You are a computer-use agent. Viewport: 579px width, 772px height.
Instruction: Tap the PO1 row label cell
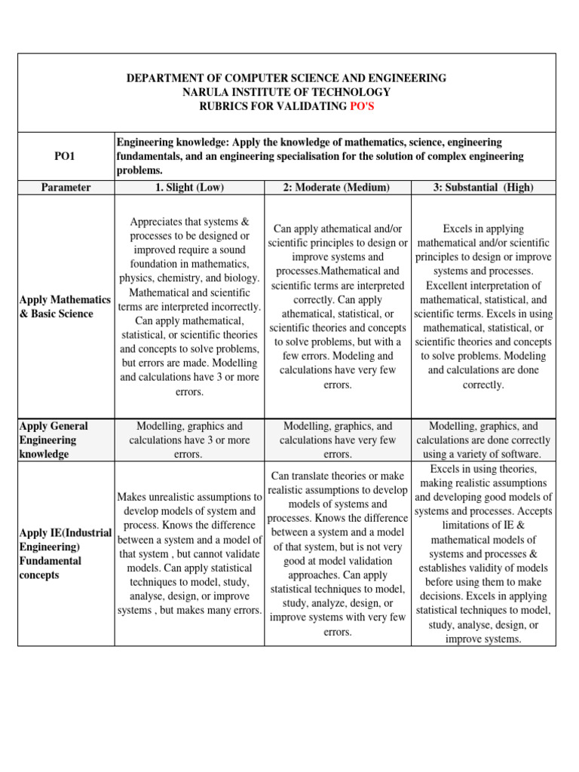(x=65, y=156)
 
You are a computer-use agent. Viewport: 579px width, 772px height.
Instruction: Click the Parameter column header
(x=66, y=187)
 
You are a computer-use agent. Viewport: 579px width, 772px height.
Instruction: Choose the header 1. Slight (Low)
(x=189, y=187)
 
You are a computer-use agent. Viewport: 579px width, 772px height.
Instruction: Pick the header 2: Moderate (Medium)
(x=337, y=187)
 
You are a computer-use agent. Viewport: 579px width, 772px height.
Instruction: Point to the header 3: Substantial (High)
(x=483, y=187)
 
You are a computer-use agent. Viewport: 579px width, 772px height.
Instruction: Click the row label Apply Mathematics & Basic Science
(x=65, y=307)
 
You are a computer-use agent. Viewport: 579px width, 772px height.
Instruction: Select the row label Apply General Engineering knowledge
(x=54, y=440)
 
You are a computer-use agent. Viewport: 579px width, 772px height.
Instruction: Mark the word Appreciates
(x=163, y=222)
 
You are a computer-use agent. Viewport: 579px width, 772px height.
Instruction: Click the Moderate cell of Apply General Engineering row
(x=337, y=440)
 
